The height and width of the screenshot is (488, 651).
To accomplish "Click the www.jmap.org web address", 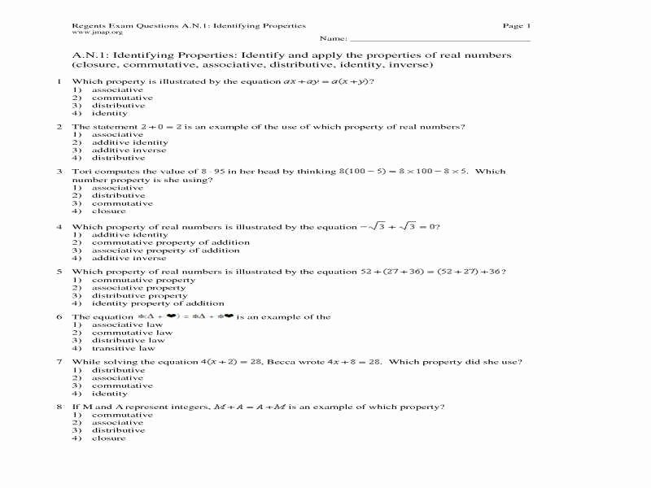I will tap(98, 33).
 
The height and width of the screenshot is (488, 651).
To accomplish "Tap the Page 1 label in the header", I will tap(516, 26).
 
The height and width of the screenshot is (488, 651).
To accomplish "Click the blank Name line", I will tap(439, 38).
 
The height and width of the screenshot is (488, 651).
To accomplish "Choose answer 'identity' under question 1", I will tap(110, 113).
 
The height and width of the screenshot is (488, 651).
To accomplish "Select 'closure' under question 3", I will tap(109, 211).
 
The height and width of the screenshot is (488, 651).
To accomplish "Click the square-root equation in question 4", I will tap(399, 226).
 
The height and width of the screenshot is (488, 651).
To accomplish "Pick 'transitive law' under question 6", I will tap(123, 348).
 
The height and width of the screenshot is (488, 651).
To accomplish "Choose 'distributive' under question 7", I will tap(119, 370).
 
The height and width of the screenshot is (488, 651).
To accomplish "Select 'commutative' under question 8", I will tap(122, 415).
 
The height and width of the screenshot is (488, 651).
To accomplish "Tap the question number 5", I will tap(59, 272).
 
